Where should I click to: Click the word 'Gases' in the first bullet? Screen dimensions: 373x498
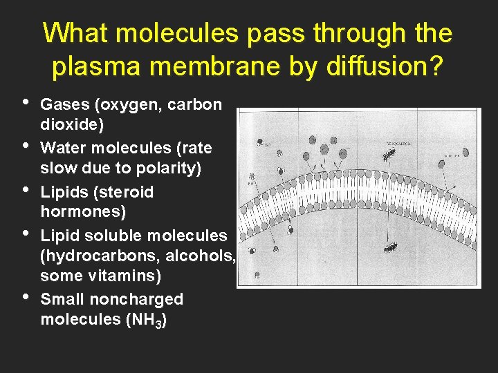coord(67,105)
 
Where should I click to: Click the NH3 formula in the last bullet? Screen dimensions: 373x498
coord(149,321)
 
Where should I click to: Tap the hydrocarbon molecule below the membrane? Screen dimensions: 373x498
coord(391,247)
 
